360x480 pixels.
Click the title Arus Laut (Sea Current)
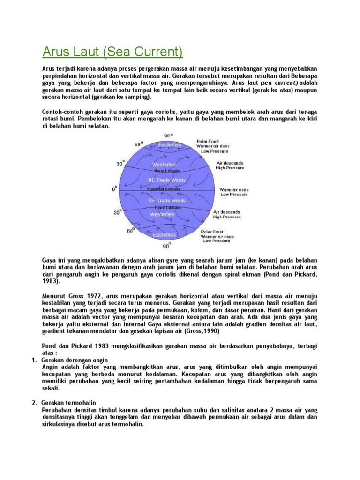112,50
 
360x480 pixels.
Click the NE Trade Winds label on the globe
167,180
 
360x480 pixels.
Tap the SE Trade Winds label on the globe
167,200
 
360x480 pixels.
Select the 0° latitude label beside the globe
114,189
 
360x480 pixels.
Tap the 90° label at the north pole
167,135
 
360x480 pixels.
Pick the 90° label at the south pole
166,245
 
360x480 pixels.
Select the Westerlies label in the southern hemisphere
162,215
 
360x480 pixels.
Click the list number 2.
34,403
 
